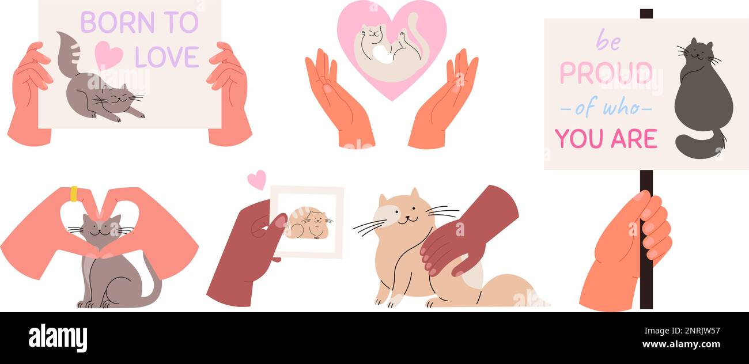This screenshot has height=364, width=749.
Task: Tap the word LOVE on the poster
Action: pyautogui.click(x=167, y=57)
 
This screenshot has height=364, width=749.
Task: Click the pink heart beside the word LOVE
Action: pyautogui.click(x=108, y=55)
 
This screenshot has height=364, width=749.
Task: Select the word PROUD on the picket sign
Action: pyautogui.click(x=605, y=73)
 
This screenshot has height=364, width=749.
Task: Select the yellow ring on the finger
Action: pyautogui.click(x=74, y=194)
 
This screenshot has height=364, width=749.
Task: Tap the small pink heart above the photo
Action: pyautogui.click(x=257, y=179)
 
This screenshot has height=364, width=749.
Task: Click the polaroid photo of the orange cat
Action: pyautogui.click(x=308, y=222)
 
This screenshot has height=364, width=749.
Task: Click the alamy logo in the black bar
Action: pyautogui.click(x=58, y=338)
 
